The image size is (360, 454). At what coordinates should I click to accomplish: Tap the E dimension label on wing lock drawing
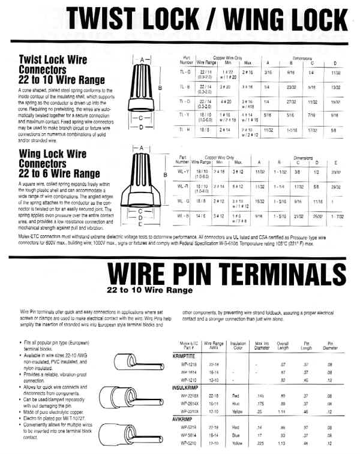point(143,226)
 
